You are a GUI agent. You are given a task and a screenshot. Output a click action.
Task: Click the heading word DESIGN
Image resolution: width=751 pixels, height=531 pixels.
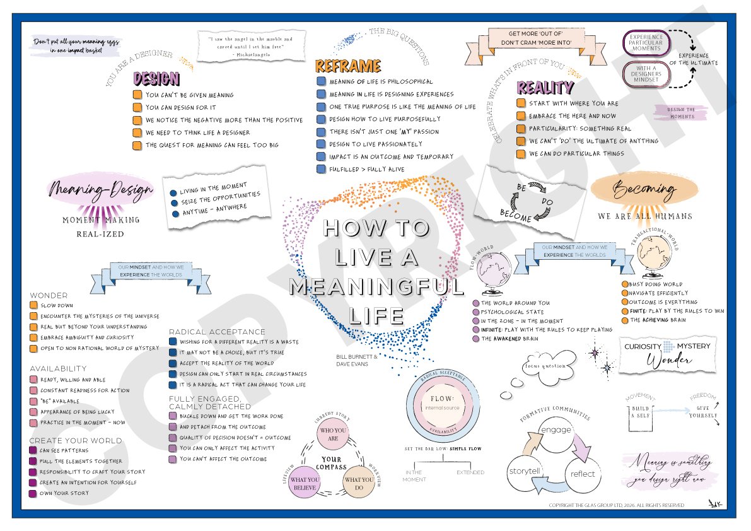tap(156, 79)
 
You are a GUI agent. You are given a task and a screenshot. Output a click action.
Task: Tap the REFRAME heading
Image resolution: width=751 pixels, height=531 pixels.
tap(348, 66)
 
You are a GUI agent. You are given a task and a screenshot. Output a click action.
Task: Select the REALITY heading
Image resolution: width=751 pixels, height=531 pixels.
tap(545, 88)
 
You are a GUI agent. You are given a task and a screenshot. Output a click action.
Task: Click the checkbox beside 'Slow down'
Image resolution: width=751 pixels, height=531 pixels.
tap(33, 305)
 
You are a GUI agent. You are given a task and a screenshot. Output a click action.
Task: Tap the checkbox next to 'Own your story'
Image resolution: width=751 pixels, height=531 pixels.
tap(33, 493)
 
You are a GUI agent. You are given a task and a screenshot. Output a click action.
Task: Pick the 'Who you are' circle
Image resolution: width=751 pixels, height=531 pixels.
tap(329, 435)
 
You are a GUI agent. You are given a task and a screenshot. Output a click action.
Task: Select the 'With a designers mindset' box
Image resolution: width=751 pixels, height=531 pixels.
tap(646, 74)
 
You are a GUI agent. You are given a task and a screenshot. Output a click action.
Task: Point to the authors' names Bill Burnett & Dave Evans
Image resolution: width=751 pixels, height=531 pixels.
tap(357, 360)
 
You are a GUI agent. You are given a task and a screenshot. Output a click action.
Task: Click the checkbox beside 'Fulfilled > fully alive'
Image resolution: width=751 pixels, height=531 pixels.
tap(321, 169)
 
